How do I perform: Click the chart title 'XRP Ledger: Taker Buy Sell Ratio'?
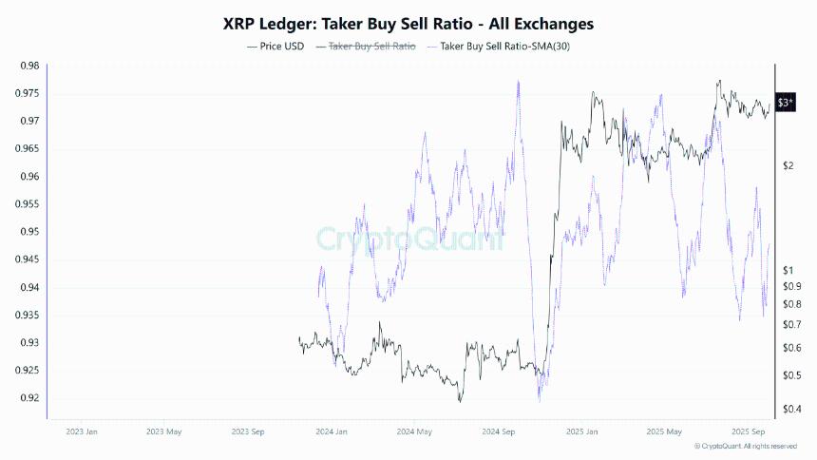click(408, 21)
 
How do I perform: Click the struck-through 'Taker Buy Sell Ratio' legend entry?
click(370, 46)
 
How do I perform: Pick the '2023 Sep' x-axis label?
click(249, 431)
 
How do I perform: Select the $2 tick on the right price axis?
click(788, 166)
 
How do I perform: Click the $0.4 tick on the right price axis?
click(790, 409)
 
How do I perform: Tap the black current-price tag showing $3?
click(786, 103)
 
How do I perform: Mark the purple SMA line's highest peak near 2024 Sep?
click(518, 81)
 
